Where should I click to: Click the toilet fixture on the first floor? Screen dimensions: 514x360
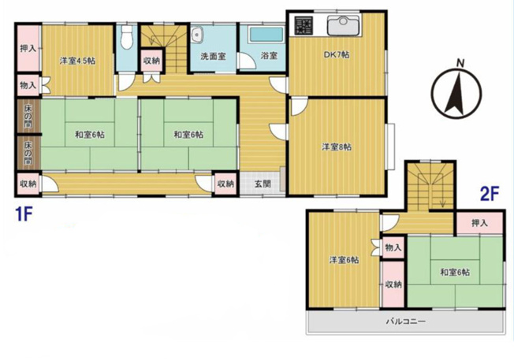coord(126,36)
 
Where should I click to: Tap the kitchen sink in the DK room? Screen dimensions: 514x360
coord(344,24)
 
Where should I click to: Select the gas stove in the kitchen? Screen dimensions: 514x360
coord(304,25)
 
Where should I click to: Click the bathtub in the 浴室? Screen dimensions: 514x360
coord(266,35)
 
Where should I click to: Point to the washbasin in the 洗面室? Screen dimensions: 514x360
coord(197,35)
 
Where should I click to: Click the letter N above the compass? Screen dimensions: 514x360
coord(460,63)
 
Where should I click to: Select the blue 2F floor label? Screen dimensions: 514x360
coord(489,195)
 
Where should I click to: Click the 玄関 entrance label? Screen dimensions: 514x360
coord(263,184)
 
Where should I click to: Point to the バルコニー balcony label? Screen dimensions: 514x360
coord(405,321)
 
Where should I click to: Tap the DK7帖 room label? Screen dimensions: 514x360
coord(337,54)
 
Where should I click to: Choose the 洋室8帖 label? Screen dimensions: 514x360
coord(337,147)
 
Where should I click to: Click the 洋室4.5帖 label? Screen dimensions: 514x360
coord(77,61)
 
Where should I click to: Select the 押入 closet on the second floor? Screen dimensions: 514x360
coord(479,223)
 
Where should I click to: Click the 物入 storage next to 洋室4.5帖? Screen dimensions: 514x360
coord(28,85)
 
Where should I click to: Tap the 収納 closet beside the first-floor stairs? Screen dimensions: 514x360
coord(152,61)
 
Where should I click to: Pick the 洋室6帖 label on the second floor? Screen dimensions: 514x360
coord(344,260)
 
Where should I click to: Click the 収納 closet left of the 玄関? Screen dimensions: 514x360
coord(225,184)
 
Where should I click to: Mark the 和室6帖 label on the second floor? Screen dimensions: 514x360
coord(455,273)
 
